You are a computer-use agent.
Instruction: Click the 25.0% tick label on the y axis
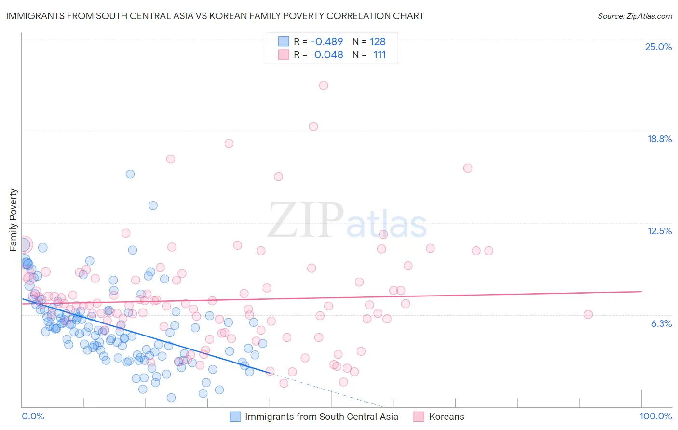click(658, 47)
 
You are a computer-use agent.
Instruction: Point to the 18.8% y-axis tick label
click(659, 139)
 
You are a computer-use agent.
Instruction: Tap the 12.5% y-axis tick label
click(659, 231)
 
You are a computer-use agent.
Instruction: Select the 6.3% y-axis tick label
click(661, 323)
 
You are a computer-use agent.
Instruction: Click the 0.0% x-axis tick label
click(33, 416)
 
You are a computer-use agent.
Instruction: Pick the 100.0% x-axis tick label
click(655, 416)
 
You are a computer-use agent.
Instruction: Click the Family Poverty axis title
click(14, 220)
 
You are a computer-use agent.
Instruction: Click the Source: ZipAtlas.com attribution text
click(635, 16)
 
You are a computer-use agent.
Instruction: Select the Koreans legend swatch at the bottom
click(418, 417)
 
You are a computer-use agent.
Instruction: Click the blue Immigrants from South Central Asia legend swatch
click(235, 417)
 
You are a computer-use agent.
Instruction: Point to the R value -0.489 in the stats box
click(326, 41)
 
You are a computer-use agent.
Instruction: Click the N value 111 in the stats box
click(380, 54)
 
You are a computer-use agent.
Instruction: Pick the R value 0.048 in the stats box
click(328, 54)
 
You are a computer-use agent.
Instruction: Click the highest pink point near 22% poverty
click(324, 85)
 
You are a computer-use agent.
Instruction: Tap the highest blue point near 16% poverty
click(130, 174)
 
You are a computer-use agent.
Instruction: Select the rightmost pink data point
click(588, 314)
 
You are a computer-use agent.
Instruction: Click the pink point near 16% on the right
click(468, 168)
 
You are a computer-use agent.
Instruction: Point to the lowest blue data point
click(171, 398)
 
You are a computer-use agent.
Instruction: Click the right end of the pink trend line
click(641, 292)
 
